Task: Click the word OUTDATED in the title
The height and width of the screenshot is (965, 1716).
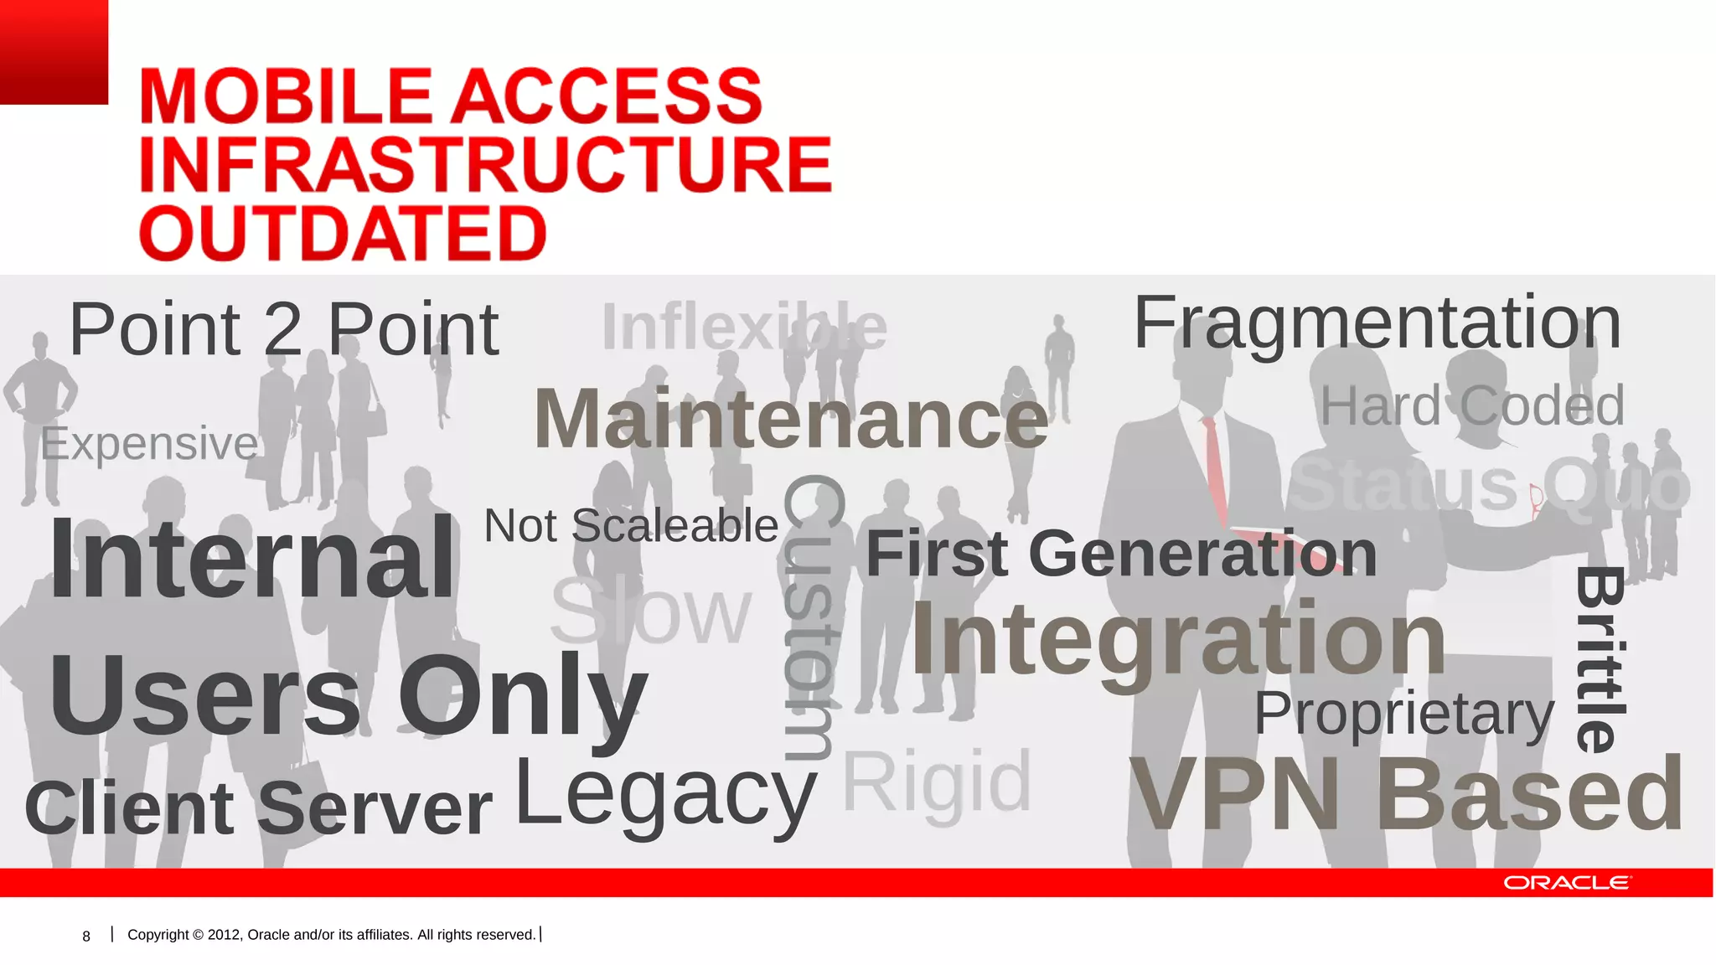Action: [x=343, y=233]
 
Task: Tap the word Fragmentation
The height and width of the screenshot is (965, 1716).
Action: [x=1377, y=323]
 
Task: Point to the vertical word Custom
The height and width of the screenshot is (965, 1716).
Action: [x=810, y=617]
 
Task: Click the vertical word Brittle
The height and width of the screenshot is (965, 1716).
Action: [x=1601, y=659]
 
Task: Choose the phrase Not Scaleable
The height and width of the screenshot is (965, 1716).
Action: [x=631, y=526]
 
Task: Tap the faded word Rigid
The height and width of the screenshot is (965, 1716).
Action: [x=936, y=783]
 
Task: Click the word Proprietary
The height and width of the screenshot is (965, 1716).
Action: [x=1403, y=714]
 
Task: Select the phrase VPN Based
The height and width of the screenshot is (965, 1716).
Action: [x=1406, y=794]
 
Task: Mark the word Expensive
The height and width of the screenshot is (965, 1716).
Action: [x=149, y=443]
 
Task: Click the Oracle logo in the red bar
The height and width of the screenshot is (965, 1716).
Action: [x=1566, y=883]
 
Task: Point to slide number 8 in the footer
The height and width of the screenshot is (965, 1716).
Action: [x=86, y=937]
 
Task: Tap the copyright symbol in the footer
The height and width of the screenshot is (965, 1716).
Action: [x=198, y=935]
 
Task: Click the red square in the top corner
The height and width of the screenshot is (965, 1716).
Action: [x=54, y=51]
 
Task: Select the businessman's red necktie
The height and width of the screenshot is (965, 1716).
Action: [x=1216, y=469]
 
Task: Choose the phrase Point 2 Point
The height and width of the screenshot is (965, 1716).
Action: [x=283, y=329]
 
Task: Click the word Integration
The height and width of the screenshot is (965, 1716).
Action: [x=1178, y=640]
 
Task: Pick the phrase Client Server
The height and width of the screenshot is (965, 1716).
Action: [x=258, y=808]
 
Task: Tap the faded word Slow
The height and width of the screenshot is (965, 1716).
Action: [x=650, y=612]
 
